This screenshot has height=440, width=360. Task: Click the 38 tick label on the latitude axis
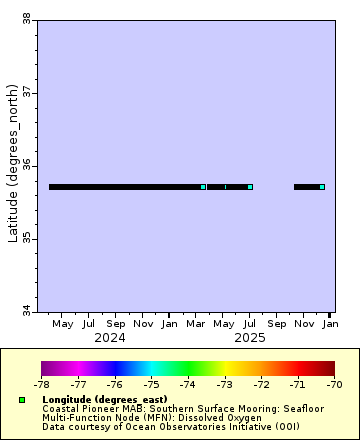[x=25, y=18]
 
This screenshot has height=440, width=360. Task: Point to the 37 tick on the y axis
[x=25, y=92]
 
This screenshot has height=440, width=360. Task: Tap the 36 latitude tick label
[x=25, y=165]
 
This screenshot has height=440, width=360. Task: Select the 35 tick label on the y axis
[x=25, y=239]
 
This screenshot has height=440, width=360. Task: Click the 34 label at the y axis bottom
[x=25, y=312]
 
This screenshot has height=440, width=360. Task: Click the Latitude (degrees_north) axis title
[x=12, y=165]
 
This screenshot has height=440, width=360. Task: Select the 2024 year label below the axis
[x=110, y=338]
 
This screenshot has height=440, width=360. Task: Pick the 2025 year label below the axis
[x=249, y=338]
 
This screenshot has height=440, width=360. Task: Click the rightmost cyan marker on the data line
[x=322, y=187]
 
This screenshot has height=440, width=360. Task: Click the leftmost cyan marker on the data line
[x=203, y=187]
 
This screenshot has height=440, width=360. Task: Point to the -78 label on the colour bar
[x=42, y=383]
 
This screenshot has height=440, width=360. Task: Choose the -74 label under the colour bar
[x=188, y=383]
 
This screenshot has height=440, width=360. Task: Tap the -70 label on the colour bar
[x=334, y=383]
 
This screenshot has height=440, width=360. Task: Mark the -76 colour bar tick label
[x=115, y=383]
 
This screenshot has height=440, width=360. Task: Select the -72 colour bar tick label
[x=261, y=383]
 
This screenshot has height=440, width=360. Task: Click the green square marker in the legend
[x=21, y=400]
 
